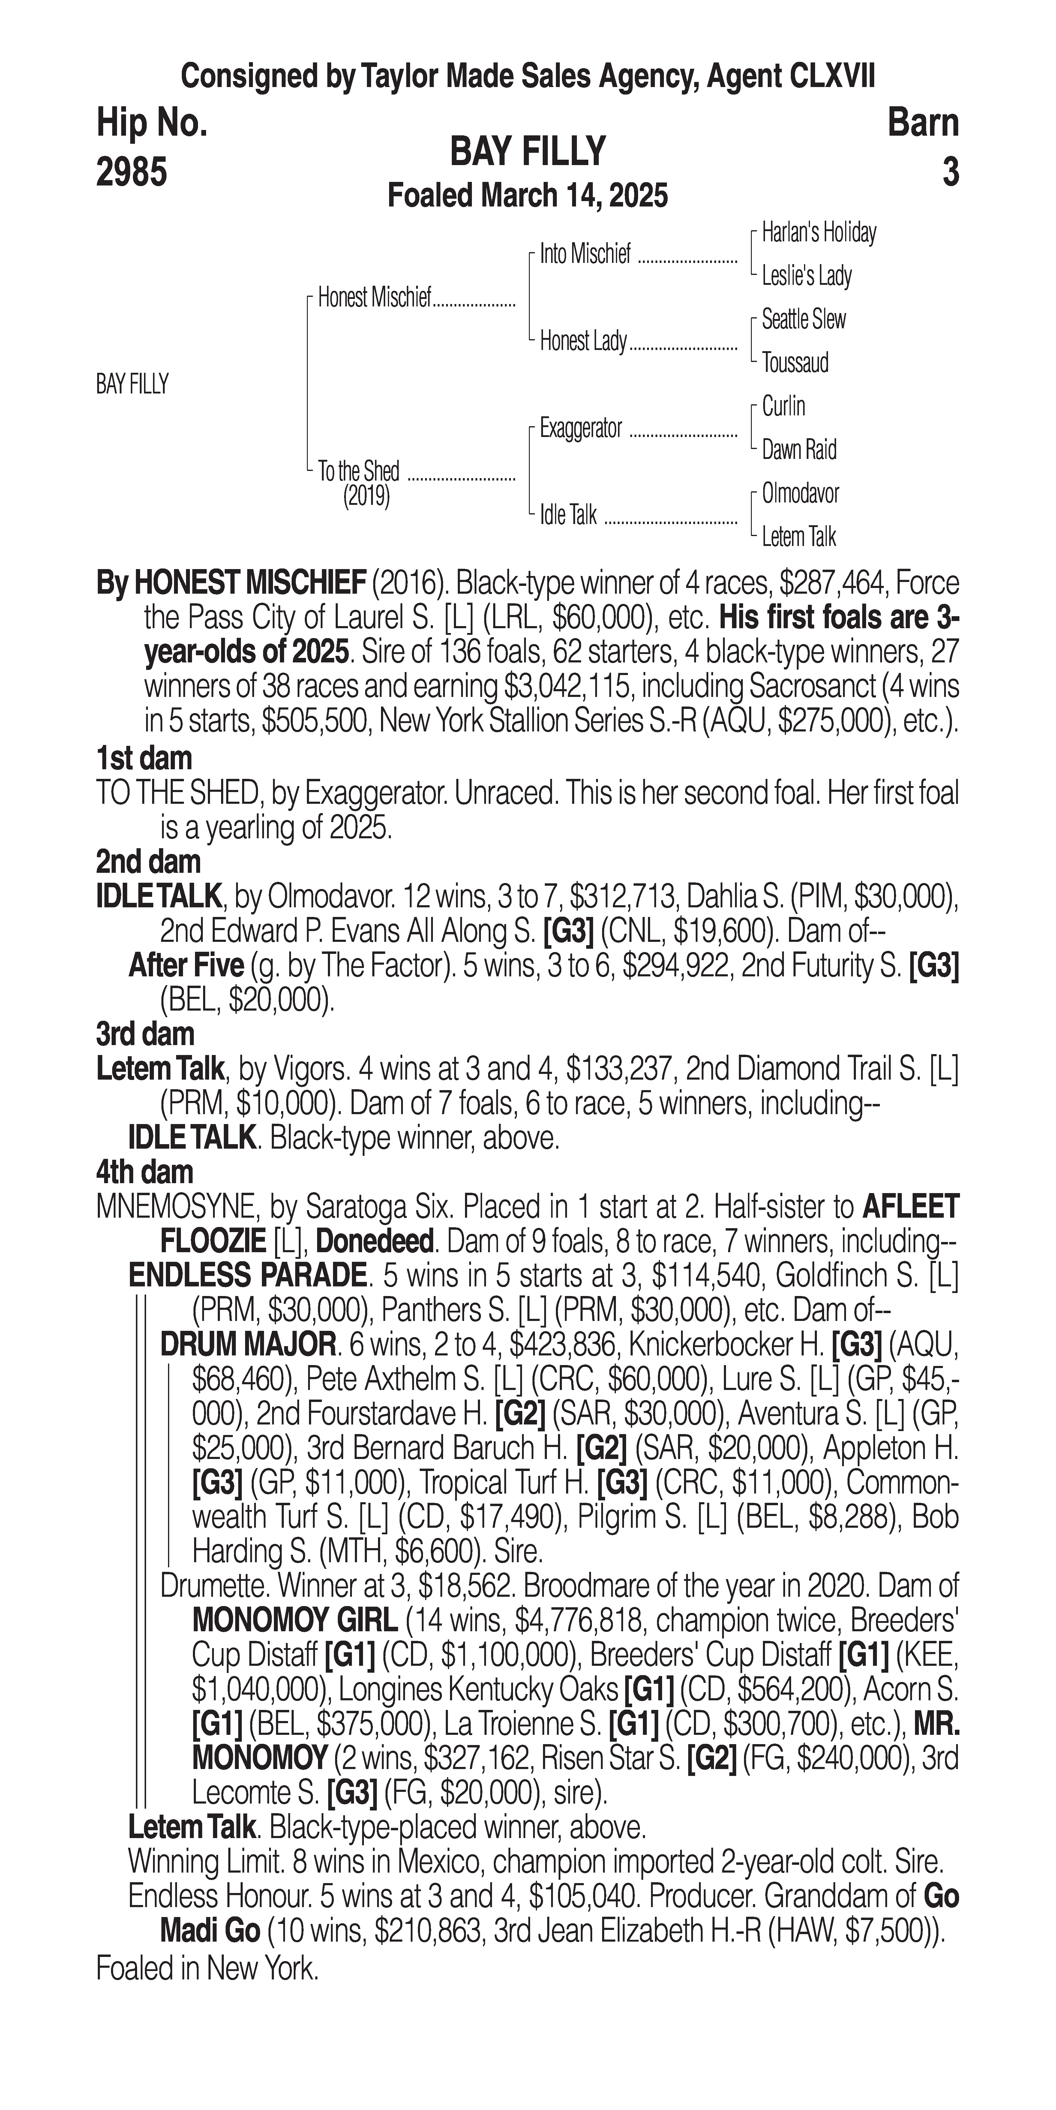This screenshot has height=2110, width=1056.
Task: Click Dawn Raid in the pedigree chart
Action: tap(799, 450)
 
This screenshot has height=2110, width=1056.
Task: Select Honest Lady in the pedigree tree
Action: tap(583, 341)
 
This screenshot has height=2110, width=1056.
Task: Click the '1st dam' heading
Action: tap(144, 758)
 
